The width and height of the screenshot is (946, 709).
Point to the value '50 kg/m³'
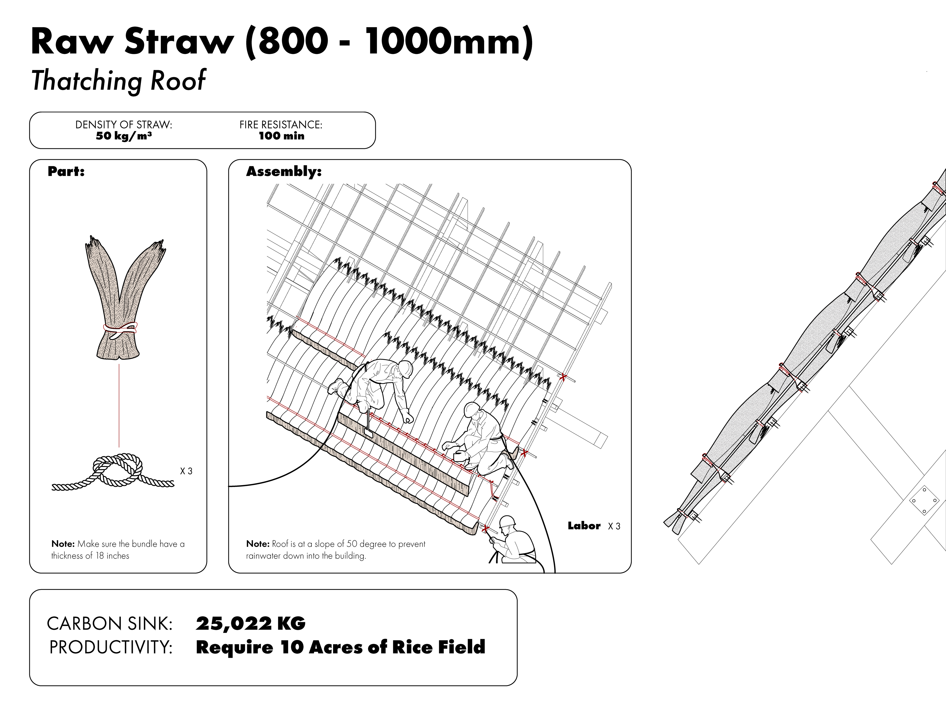(124, 136)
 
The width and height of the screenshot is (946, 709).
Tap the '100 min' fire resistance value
(281, 136)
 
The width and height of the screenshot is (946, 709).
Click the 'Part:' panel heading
(66, 171)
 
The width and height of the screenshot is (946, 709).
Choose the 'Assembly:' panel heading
(284, 171)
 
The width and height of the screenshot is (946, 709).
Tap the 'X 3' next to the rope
(186, 471)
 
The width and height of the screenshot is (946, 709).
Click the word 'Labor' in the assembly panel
(584, 526)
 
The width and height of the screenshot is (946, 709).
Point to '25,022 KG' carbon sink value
(251, 624)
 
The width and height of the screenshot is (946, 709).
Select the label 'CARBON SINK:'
(109, 624)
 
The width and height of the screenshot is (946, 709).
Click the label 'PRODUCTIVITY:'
(111, 647)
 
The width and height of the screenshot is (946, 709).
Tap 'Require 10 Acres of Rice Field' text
(340, 647)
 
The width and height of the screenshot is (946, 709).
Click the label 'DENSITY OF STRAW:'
(124, 125)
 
